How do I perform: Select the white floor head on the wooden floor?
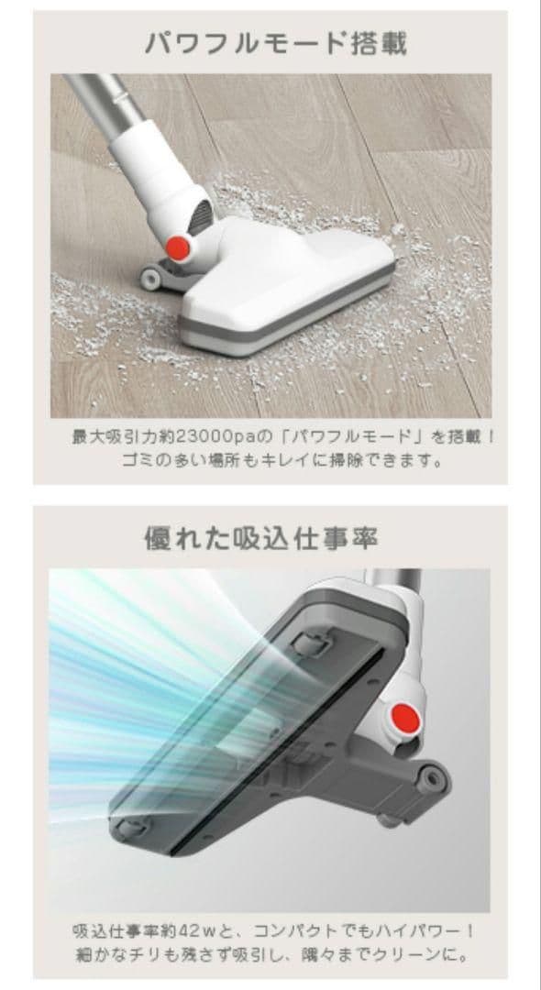[x=289, y=284]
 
